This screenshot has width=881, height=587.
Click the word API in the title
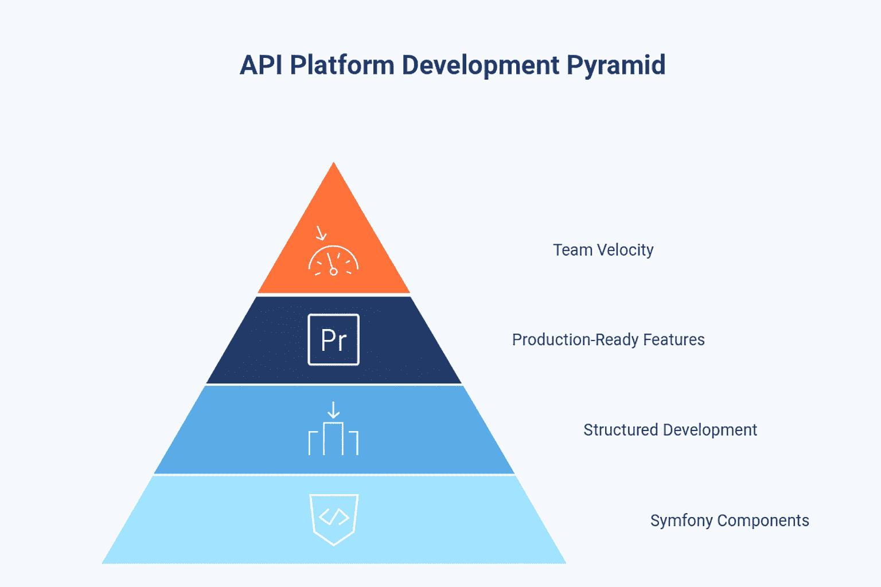pyautogui.click(x=261, y=65)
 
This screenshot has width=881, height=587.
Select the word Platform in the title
pyautogui.click(x=342, y=65)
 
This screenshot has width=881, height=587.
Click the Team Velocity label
pyautogui.click(x=603, y=250)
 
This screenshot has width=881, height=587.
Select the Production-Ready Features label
pyautogui.click(x=608, y=340)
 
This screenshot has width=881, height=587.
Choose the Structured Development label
pyautogui.click(x=670, y=430)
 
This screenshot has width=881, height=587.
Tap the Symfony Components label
pyautogui.click(x=730, y=521)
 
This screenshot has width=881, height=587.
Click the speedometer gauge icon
pyautogui.click(x=333, y=261)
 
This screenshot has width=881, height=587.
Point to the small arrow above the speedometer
pyautogui.click(x=321, y=233)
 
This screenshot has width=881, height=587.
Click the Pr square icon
pyautogui.click(x=333, y=340)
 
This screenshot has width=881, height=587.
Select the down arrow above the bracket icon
pyautogui.click(x=333, y=410)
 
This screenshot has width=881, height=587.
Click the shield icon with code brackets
pyautogui.click(x=334, y=519)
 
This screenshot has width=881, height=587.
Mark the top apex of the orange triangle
pyautogui.click(x=333, y=162)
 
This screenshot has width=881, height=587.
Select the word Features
pyautogui.click(x=674, y=340)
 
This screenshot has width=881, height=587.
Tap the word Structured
pyautogui.click(x=621, y=430)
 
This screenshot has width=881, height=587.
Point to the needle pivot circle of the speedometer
pyautogui.click(x=333, y=271)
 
